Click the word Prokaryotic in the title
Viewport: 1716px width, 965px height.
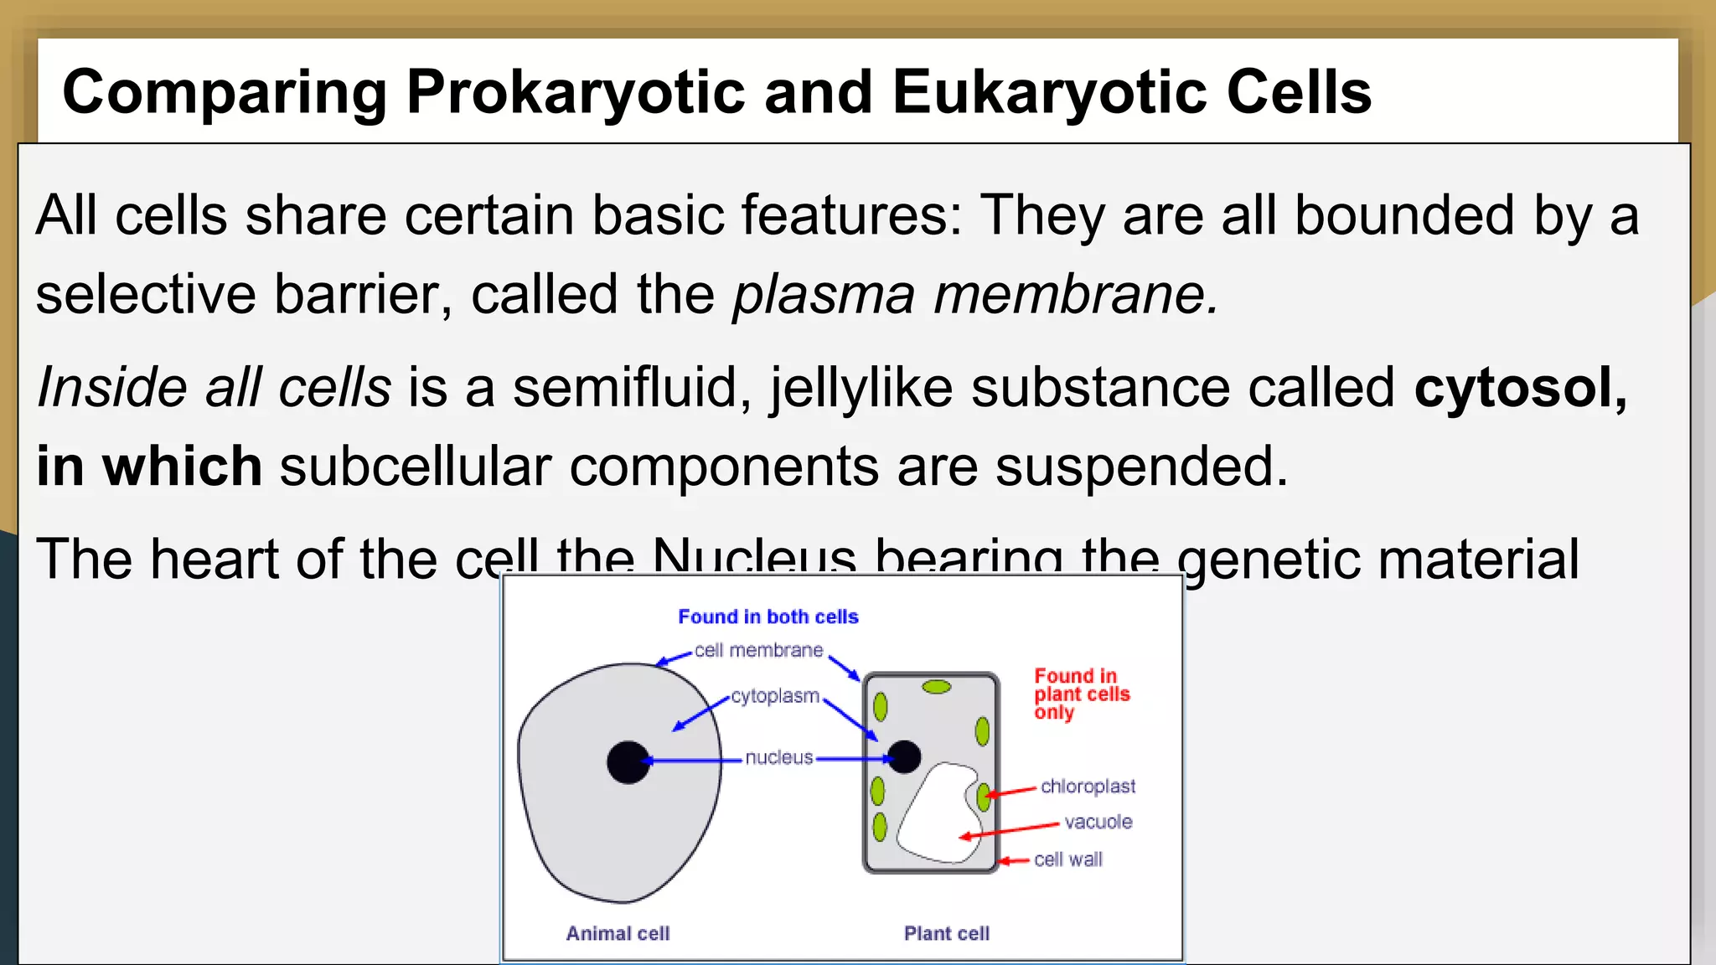[x=575, y=92]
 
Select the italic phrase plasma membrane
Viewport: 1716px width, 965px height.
[x=974, y=295]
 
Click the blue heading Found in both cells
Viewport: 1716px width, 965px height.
[x=768, y=617]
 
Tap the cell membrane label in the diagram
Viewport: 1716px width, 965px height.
[x=758, y=651]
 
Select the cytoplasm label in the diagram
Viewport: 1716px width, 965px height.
[x=775, y=696]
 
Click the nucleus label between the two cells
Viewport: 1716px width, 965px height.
[x=779, y=758]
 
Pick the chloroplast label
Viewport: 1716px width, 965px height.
[x=1088, y=787]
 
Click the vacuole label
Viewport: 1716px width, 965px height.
[x=1098, y=823]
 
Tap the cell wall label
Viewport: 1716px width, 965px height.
[x=1068, y=860]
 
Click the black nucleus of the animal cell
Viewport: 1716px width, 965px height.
[x=628, y=762]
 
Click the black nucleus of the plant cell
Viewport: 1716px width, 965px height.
[x=903, y=757]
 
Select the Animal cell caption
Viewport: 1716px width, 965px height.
[x=618, y=934]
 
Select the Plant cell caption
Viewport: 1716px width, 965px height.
[x=946, y=934]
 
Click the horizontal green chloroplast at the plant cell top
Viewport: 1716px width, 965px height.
[x=936, y=687]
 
